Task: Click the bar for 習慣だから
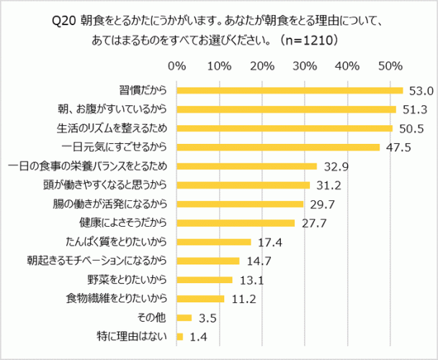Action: [289, 91]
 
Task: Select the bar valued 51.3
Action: [286, 109]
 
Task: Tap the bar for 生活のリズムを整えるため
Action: [284, 128]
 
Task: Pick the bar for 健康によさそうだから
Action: [236, 222]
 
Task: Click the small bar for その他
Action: [184, 317]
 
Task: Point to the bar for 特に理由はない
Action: [179, 336]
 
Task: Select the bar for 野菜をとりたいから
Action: [205, 279]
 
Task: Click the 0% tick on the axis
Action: [176, 66]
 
